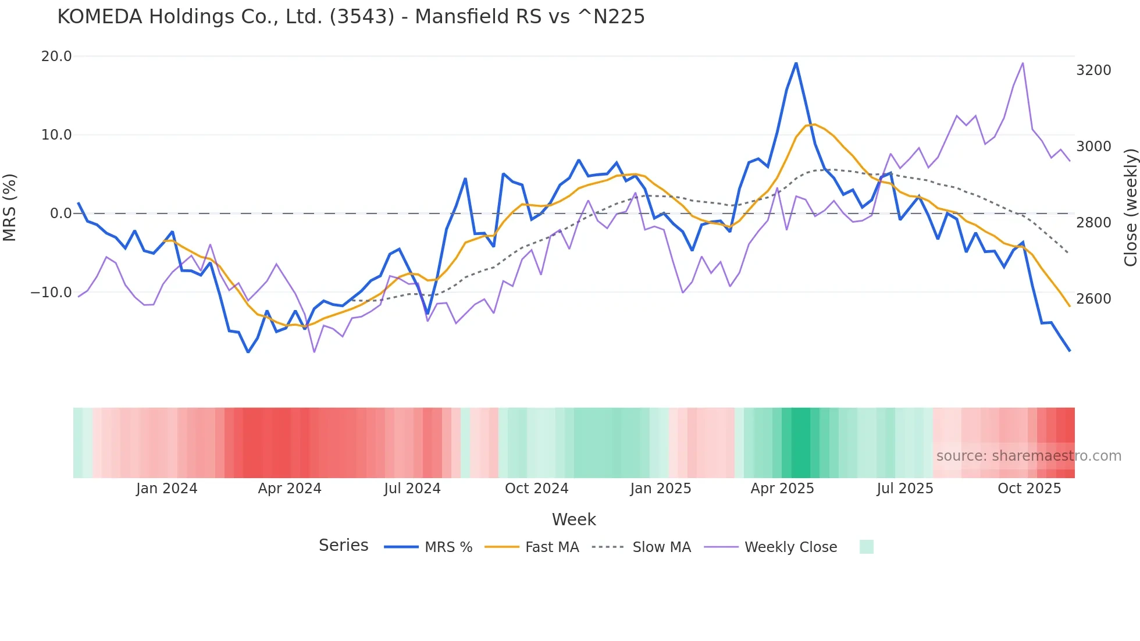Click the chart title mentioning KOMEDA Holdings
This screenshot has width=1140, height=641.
351,16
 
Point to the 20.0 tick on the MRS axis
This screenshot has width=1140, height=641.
56,56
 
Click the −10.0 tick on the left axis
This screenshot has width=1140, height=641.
51,293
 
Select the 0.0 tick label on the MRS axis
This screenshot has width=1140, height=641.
60,213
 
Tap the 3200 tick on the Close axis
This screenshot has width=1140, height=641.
1093,70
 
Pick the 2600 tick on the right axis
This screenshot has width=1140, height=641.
1093,299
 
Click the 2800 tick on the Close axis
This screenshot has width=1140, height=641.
1093,223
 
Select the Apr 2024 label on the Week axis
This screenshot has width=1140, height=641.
290,489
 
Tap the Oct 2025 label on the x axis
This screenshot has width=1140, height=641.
1029,489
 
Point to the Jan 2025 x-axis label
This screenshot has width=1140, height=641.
660,489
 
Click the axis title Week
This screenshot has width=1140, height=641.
573,519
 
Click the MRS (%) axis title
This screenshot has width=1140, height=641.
10,207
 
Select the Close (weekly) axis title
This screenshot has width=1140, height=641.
1130,207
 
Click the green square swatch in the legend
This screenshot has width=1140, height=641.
866,547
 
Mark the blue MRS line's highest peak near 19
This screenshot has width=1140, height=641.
796,63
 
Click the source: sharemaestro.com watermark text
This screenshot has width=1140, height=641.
1028,456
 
